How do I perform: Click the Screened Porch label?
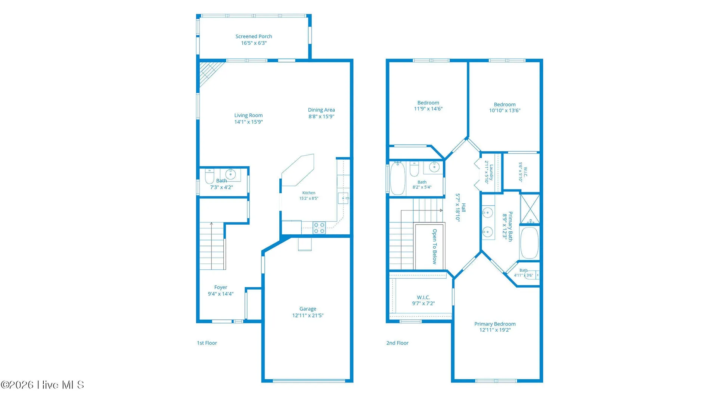coord(254,37)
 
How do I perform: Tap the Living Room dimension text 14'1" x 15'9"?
coord(248,122)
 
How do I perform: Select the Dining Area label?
coord(321,110)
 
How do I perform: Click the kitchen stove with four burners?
coord(319,228)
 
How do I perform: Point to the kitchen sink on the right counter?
coord(343,198)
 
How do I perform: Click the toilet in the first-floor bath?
coord(209,176)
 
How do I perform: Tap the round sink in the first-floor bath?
coord(230,174)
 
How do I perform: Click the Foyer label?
coord(221,287)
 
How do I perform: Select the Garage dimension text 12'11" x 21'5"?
coord(308,316)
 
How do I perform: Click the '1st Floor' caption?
coord(207,343)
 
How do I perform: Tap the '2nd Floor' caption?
coord(397,343)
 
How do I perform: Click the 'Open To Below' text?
coord(434,247)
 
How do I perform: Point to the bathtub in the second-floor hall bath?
coord(398,178)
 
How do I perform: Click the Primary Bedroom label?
coord(495,324)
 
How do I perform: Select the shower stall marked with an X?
coord(530,209)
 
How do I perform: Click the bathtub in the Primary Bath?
coord(530,243)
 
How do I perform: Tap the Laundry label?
coord(491,172)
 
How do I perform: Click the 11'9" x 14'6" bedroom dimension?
coord(428,109)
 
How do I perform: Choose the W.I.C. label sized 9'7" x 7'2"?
coord(423,297)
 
